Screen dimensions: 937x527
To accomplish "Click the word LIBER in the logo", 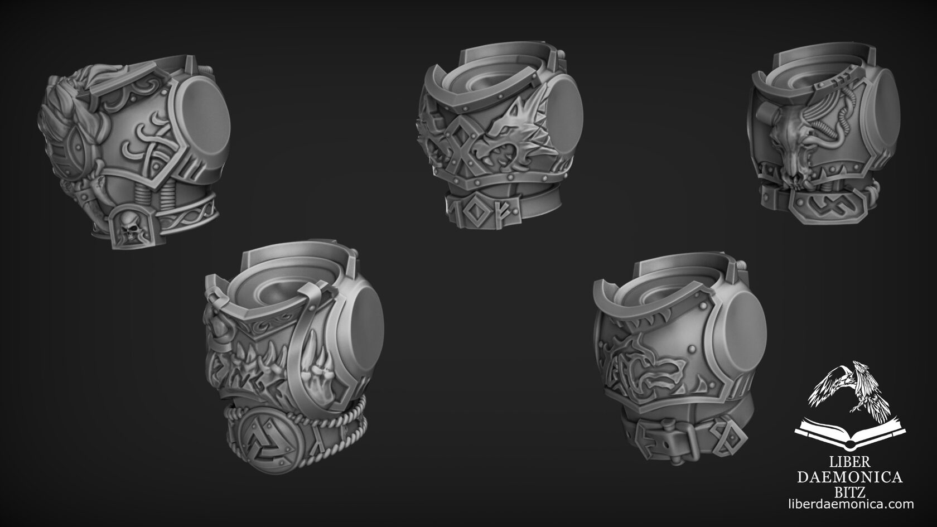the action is coord(849,462).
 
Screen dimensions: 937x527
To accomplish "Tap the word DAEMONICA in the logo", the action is coord(849,477).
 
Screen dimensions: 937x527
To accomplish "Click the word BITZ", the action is coord(849,491).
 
